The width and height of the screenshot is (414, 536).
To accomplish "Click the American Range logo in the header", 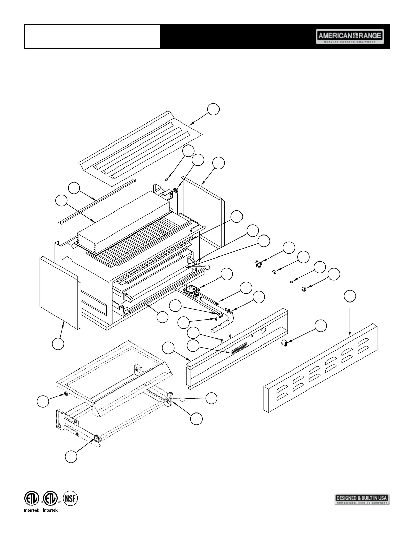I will point(350,37).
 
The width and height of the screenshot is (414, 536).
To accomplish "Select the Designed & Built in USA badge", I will point(362,499).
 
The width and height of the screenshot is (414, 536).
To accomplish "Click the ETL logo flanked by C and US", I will point(50,498).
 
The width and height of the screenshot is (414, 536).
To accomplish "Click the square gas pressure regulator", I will point(192,291).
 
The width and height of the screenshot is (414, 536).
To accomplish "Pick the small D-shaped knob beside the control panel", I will point(284,343).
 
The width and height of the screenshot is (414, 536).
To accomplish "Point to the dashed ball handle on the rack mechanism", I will point(182,399).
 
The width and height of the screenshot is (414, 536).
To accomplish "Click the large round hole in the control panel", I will point(264,330).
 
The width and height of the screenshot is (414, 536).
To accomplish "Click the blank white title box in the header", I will point(92,37).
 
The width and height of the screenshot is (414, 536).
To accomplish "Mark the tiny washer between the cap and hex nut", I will point(291,282).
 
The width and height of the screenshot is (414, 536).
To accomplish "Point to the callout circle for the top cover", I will point(213,109).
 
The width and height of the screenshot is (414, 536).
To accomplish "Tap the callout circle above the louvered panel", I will point(350,296).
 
